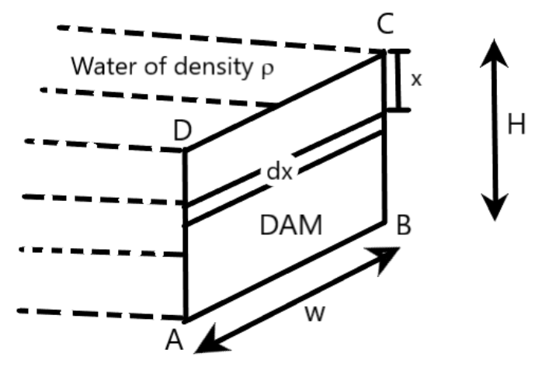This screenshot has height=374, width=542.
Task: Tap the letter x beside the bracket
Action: click(416, 80)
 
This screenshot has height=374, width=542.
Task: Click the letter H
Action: click(516, 125)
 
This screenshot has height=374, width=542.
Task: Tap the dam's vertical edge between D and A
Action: click(185, 264)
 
